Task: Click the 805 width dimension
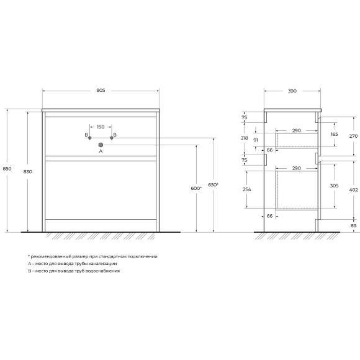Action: pyautogui.click(x=101, y=91)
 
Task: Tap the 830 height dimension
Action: pyautogui.click(x=28, y=171)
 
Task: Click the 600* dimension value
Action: pyautogui.click(x=196, y=188)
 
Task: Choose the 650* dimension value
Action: pyautogui.click(x=214, y=184)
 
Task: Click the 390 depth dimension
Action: pyautogui.click(x=292, y=91)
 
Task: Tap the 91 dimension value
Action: pyautogui.click(x=255, y=140)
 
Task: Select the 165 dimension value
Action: pyautogui.click(x=335, y=134)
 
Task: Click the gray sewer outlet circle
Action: pyautogui.click(x=101, y=145)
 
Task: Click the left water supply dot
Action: pyautogui.click(x=90, y=135)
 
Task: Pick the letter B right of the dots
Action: pyautogui.click(x=115, y=135)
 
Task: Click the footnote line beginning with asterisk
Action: pyautogui.click(x=92, y=256)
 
